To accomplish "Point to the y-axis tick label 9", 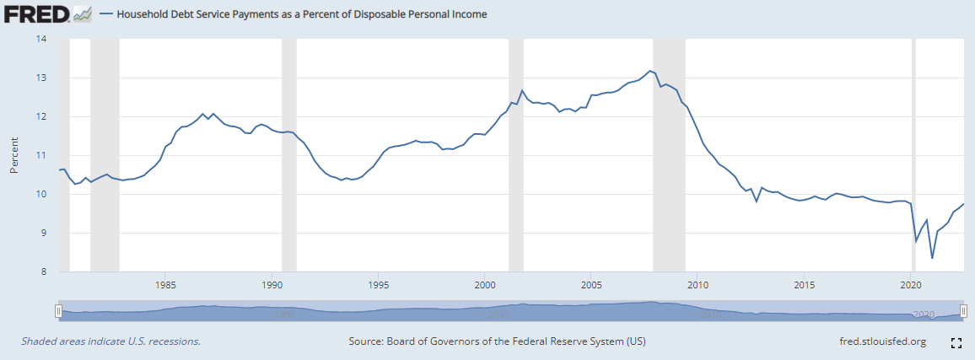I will click(43, 234).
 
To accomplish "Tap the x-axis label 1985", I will click(165, 284).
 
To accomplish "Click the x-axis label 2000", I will click(485, 284).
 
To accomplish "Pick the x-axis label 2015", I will click(805, 284).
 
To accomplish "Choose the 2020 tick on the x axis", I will click(911, 284).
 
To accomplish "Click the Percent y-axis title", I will click(14, 155).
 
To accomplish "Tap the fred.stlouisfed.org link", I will click(878, 341).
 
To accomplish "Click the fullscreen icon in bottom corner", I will click(956, 342).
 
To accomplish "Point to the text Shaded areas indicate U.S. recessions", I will click(110, 341).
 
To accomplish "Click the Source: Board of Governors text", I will click(497, 341).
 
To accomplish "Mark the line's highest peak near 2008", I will click(649, 71).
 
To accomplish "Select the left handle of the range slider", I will click(58, 311).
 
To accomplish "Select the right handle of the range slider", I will click(963, 311).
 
